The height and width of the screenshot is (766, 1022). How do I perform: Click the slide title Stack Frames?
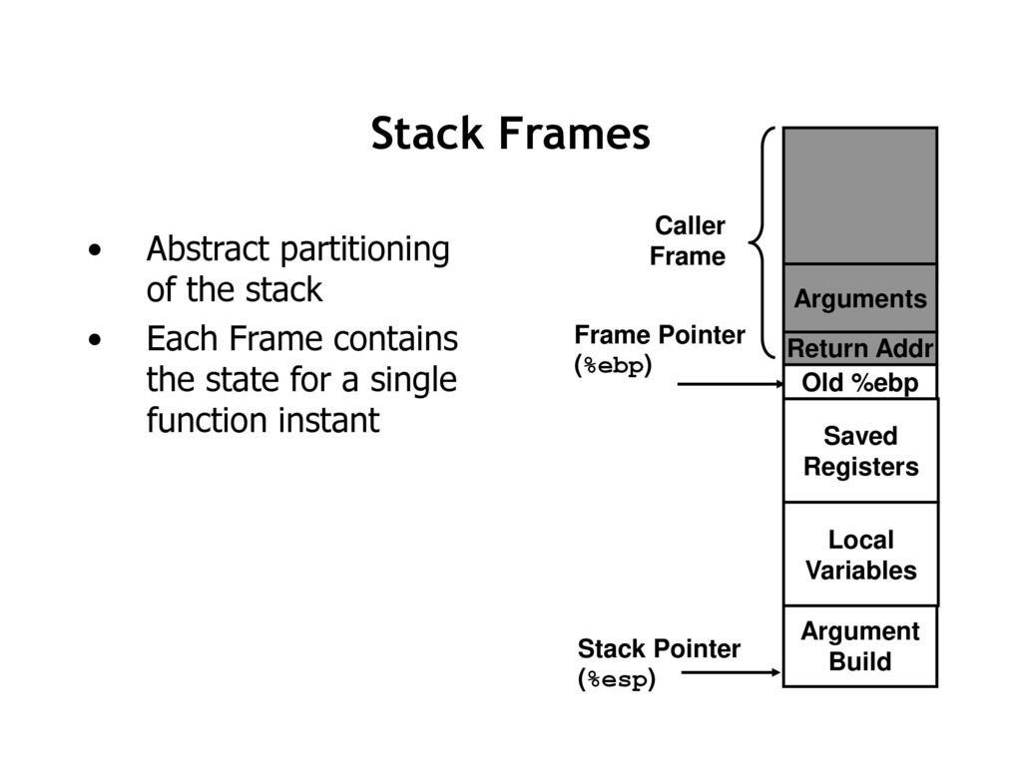click(510, 134)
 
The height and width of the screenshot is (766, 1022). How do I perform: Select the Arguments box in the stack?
click(860, 298)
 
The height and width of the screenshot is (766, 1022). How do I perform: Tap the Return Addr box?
click(860, 348)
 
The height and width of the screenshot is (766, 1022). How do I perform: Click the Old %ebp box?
click(860, 382)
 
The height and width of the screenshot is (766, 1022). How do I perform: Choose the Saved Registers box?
click(860, 451)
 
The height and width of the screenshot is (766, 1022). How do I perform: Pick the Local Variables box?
click(860, 555)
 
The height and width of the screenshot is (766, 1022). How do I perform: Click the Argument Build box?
click(860, 646)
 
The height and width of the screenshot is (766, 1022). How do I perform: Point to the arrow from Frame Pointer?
click(731, 384)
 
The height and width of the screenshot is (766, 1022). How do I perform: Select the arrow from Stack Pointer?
click(731, 673)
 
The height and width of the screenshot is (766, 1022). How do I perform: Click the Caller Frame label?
click(688, 241)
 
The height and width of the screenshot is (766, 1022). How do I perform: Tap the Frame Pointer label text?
click(660, 335)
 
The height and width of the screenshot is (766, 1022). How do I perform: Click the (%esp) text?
click(617, 679)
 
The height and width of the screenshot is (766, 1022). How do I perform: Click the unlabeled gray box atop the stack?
click(860, 195)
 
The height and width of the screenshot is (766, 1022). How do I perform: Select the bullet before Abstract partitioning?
click(95, 250)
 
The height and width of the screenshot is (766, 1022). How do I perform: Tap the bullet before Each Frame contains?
click(95, 340)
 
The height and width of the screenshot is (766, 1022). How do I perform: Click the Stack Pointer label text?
click(659, 648)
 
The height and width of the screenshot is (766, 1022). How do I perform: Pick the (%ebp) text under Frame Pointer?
click(613, 365)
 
